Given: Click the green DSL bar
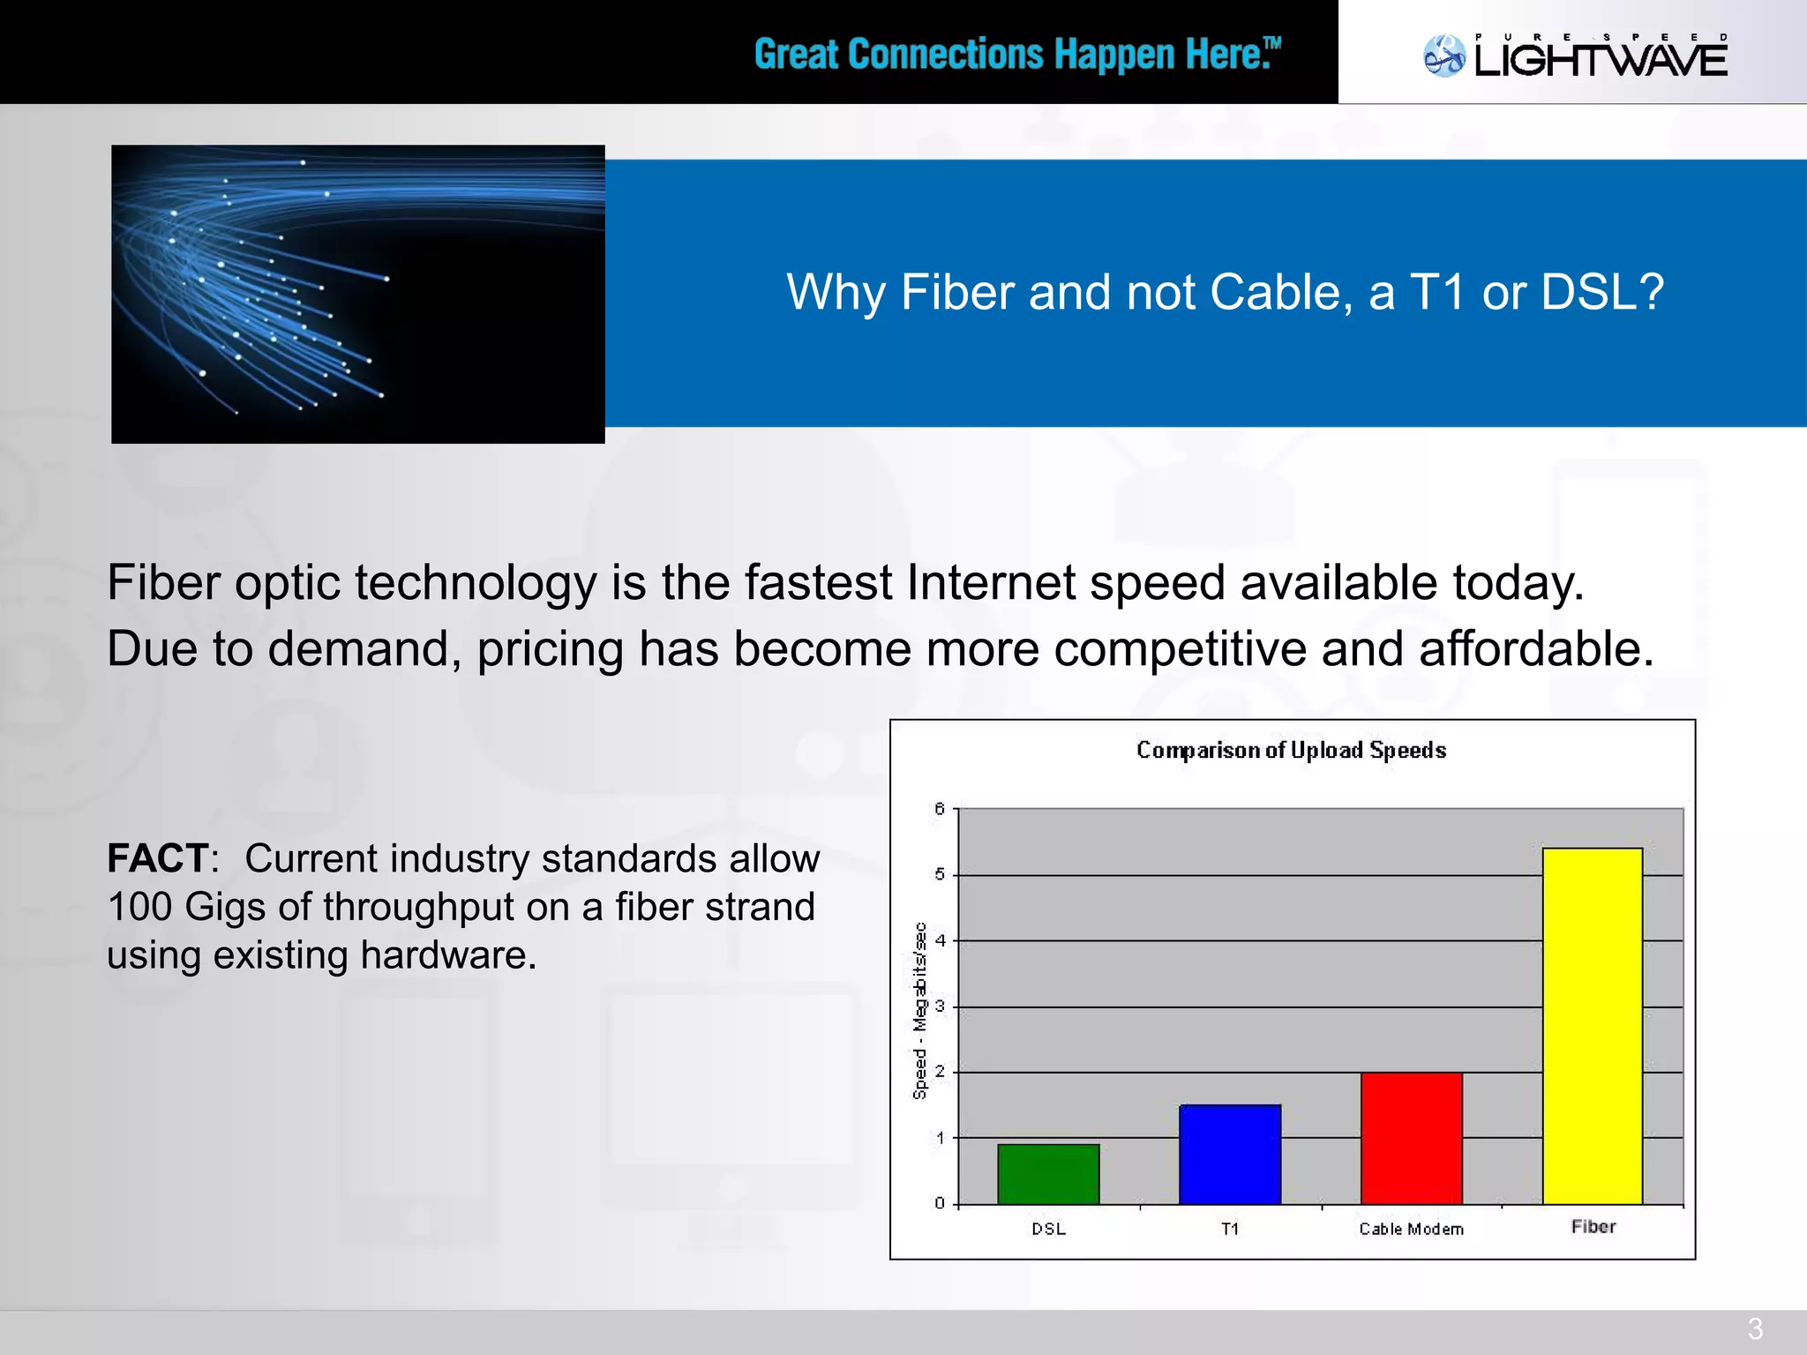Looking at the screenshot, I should (x=1048, y=1174).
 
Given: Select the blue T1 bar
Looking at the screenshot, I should (x=1230, y=1154).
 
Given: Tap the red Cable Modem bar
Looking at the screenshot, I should (x=1411, y=1138).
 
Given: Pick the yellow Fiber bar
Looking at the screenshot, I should (x=1593, y=1025).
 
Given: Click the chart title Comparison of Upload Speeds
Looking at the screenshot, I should (x=1291, y=751).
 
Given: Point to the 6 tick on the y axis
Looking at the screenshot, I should (x=940, y=809).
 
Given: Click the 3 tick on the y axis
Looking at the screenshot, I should (x=940, y=1006).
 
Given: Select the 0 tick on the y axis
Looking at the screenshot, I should (x=940, y=1203).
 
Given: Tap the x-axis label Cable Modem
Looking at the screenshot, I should (x=1411, y=1229).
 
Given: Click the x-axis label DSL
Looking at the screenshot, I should (x=1048, y=1229).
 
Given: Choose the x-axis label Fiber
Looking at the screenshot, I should (x=1593, y=1227).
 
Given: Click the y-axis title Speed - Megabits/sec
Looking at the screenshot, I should (x=919, y=1011).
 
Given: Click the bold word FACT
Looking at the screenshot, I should (x=158, y=858).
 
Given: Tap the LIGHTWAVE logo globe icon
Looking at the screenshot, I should (x=1444, y=56).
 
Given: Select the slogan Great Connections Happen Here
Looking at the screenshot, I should (x=1016, y=55).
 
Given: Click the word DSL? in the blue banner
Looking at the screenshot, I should (x=1601, y=292).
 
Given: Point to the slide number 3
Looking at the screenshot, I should (x=1755, y=1329).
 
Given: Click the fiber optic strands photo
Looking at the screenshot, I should (x=357, y=294).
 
